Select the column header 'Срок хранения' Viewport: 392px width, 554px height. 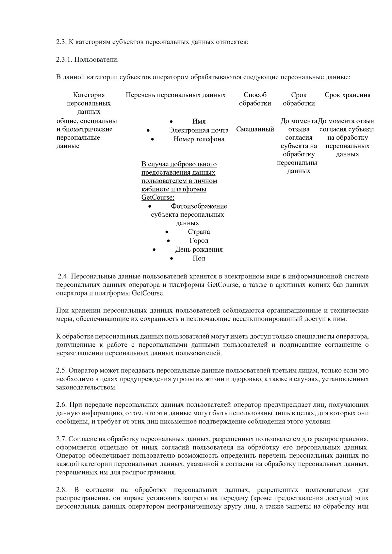click(347, 95)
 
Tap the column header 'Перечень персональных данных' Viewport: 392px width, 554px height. click(176, 95)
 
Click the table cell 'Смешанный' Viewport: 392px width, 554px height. click(255, 129)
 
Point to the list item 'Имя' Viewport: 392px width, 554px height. click(199, 121)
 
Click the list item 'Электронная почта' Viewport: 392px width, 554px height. click(199, 130)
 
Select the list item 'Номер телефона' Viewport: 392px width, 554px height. click(199, 139)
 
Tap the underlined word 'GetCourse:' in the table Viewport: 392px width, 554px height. click(158, 198)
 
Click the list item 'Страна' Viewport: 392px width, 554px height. click(199, 232)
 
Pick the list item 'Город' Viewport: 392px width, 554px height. click(199, 241)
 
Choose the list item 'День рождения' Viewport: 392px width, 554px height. click(199, 249)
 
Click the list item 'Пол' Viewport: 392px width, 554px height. click(199, 258)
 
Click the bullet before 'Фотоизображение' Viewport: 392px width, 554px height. click(150, 206)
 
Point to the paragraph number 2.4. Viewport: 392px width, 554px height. click(63, 277)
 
